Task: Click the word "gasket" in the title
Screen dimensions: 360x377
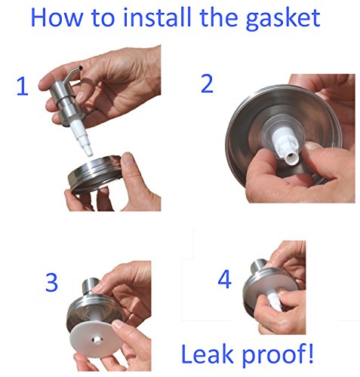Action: click(x=282, y=19)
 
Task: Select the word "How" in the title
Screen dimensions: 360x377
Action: click(x=57, y=17)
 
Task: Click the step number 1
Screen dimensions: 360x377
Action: click(x=23, y=87)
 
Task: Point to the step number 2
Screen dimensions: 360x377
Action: click(x=207, y=84)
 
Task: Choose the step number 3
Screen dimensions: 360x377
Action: click(x=51, y=282)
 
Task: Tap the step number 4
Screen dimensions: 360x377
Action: click(x=224, y=279)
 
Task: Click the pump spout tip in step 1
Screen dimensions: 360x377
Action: click(x=80, y=67)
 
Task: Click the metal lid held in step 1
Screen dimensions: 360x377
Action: click(x=95, y=173)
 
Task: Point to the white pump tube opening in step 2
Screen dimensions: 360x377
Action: click(x=291, y=158)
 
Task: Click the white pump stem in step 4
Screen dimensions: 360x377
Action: click(x=275, y=300)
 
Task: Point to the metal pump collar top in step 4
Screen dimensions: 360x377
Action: click(x=259, y=267)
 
